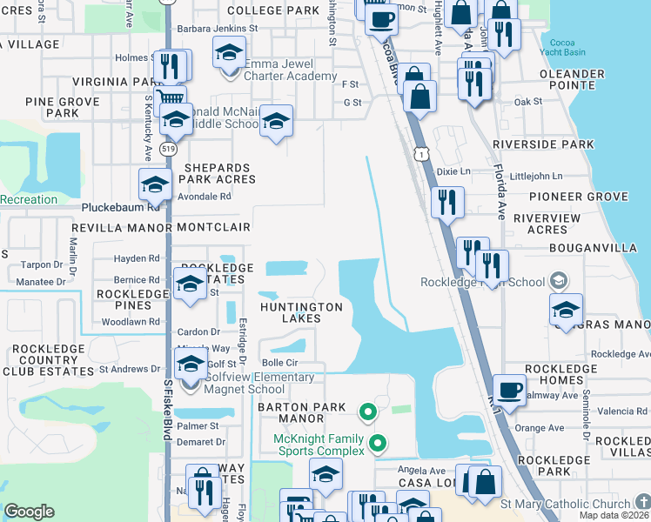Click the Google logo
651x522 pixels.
(29, 512)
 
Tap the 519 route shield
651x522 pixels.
(168, 150)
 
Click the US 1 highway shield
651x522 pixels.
(421, 154)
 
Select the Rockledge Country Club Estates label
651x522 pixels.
(48, 360)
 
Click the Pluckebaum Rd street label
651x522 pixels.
(121, 208)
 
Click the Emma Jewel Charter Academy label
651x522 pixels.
(290, 70)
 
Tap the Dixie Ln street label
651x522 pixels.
(453, 172)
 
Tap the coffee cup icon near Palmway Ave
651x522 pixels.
(509, 389)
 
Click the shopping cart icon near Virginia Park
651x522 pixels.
(171, 99)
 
